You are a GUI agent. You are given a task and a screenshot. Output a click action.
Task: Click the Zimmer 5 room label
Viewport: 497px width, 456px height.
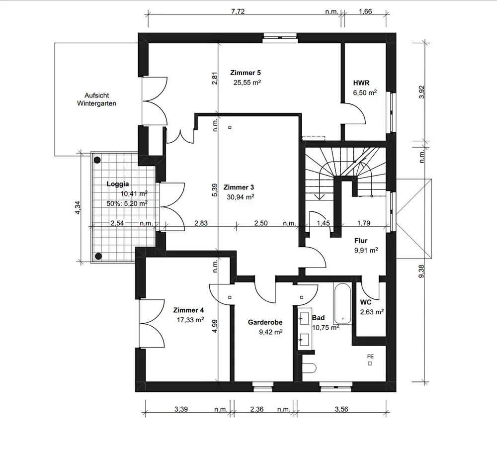[x=246, y=73]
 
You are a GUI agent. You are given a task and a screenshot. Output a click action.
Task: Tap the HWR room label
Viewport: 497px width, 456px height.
[x=361, y=83]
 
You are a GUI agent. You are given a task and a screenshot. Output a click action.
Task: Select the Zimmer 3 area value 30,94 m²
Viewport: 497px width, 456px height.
[x=241, y=197]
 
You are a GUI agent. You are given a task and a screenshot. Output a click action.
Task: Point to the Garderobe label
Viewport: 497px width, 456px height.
[x=265, y=322]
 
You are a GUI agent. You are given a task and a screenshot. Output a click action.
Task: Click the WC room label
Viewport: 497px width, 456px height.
[x=365, y=302]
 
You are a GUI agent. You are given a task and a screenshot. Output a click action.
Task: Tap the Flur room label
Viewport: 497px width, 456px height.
[x=361, y=241]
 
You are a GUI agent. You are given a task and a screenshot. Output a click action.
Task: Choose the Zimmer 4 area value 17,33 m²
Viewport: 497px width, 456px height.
[x=190, y=320]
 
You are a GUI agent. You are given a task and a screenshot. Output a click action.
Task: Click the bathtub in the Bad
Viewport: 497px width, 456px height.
[x=342, y=303]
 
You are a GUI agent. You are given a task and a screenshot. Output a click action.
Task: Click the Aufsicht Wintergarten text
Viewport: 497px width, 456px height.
[x=97, y=99]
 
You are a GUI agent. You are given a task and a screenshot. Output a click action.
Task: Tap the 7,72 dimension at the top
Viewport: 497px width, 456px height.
[x=238, y=11]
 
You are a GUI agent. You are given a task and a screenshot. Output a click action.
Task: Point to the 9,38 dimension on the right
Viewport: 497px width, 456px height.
[x=421, y=272]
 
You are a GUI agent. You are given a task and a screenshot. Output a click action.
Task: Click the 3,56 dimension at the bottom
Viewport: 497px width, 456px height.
[x=341, y=409]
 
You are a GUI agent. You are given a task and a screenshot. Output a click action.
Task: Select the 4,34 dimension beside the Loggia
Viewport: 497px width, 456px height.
[x=78, y=208]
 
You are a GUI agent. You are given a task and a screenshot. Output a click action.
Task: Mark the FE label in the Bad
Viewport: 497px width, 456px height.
[x=370, y=357]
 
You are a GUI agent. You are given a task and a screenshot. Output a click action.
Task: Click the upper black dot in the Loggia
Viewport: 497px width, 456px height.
[x=97, y=160]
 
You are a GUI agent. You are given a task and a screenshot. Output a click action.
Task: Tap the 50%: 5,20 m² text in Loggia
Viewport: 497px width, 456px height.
[x=127, y=203]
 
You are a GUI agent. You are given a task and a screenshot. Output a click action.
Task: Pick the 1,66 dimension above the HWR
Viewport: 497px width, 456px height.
[x=365, y=11]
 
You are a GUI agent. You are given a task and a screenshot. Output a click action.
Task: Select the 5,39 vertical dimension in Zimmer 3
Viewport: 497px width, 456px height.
[x=215, y=190]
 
